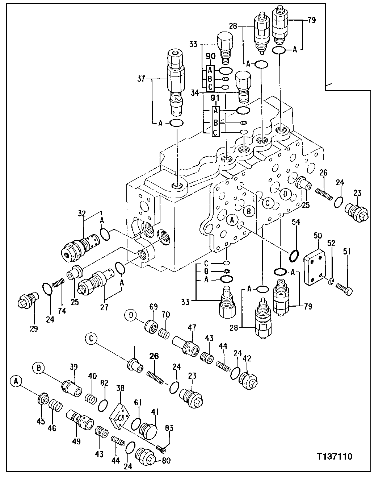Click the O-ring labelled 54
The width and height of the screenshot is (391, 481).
294,256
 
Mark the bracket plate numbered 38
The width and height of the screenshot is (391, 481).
121,416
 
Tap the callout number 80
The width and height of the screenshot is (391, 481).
167,461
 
